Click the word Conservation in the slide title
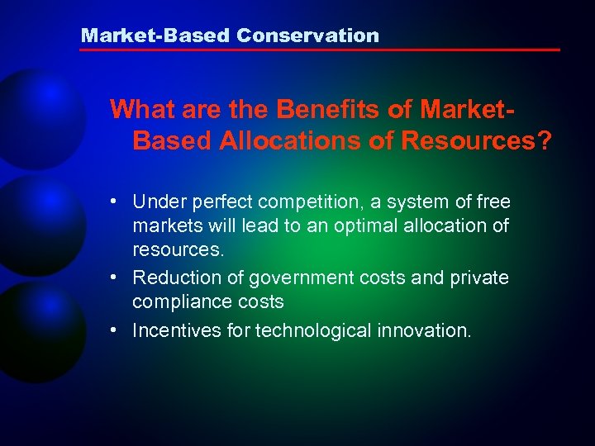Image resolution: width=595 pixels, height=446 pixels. click(x=307, y=36)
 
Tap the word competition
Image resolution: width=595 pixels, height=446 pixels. click(x=305, y=202)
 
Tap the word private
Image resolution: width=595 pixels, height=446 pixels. click(x=480, y=278)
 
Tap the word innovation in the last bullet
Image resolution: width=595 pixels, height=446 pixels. click(x=429, y=330)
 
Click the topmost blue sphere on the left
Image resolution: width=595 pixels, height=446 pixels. click(x=37, y=116)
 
